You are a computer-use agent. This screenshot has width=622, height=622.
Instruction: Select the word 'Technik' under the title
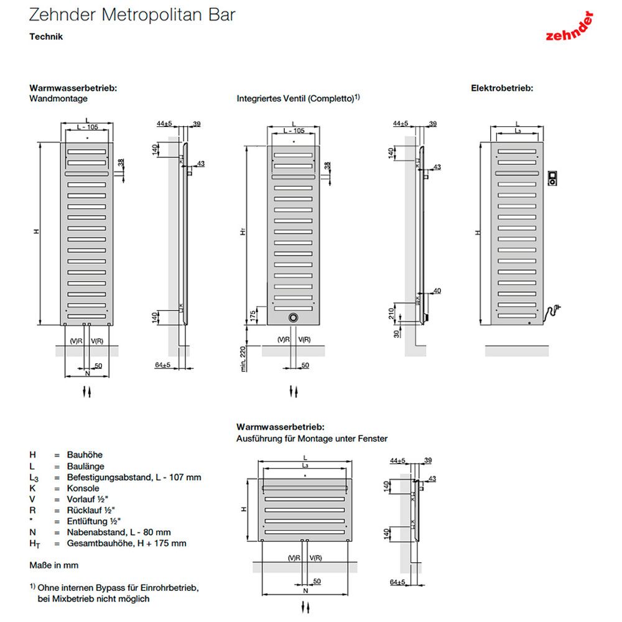point(46,37)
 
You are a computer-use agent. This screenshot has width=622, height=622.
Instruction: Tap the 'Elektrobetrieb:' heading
point(502,88)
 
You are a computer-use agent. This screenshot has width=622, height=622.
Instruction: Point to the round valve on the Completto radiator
point(294,317)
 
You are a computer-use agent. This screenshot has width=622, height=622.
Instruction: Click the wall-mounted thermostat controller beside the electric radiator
point(553,178)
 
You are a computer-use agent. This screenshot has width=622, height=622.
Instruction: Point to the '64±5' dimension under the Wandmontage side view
point(163,364)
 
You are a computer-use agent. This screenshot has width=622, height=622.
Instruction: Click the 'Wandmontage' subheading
point(58,98)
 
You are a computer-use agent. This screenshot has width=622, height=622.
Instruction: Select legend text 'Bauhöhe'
point(85,455)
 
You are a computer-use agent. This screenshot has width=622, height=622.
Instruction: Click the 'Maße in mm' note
point(54,565)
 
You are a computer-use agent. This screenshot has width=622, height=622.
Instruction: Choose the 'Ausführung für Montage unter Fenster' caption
point(312,439)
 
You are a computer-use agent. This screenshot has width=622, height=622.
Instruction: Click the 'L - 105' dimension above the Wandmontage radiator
point(86,127)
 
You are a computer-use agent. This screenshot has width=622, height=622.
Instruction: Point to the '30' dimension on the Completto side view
point(396,334)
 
